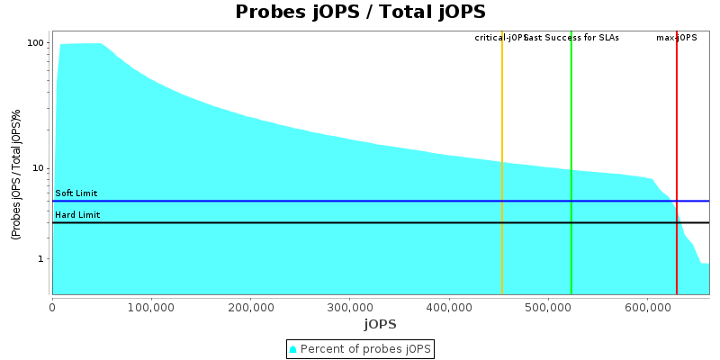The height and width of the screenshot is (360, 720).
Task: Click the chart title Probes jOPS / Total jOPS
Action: point(360,12)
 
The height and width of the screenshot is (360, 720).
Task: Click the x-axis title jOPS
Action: point(380,324)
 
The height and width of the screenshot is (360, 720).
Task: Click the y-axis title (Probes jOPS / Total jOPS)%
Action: point(16,175)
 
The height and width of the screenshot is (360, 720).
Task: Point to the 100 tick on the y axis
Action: point(36,43)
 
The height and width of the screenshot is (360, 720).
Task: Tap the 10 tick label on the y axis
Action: point(39,168)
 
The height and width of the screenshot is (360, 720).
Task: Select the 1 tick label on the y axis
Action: point(41,259)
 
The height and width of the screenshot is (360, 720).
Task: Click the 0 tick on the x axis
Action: point(52,307)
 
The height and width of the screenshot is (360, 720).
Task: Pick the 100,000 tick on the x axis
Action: point(151,307)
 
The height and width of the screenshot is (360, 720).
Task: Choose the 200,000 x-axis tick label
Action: point(250,307)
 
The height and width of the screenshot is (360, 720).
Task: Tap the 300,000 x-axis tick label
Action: point(350,307)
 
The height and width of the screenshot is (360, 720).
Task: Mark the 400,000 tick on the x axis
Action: point(449,307)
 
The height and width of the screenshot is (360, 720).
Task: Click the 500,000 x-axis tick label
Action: point(548,307)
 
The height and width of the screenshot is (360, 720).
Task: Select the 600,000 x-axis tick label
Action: point(647,307)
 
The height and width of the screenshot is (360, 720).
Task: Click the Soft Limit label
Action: point(76,193)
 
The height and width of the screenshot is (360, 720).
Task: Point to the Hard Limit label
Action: point(77,215)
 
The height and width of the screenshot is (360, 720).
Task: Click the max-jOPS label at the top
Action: point(677,38)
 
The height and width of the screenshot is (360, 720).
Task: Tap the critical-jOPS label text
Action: point(500,38)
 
